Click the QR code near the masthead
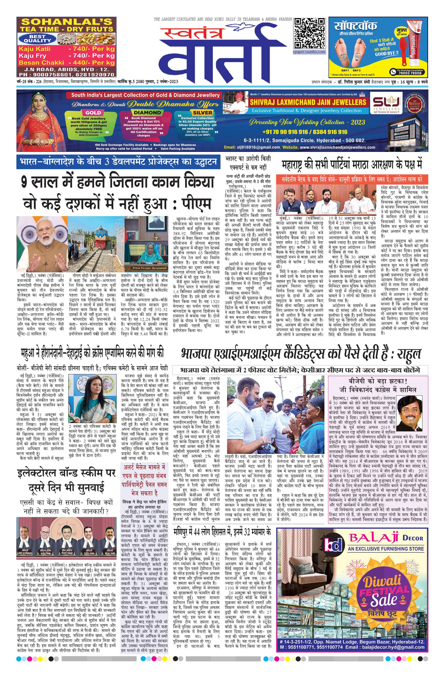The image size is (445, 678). [x=310, y=33]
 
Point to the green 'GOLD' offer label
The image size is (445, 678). [x=93, y=113]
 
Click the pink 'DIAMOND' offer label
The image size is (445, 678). [x=147, y=113]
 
